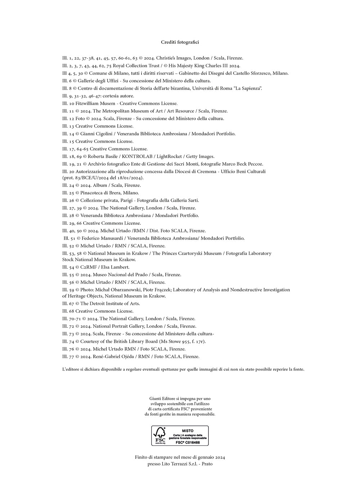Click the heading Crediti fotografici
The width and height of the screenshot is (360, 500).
coord(180,42)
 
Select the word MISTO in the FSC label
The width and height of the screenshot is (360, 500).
coord(188,430)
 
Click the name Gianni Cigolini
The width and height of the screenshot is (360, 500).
coord(96,134)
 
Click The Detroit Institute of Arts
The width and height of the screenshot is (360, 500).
coord(110,303)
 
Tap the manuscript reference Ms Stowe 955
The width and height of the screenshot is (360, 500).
coord(175,341)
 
